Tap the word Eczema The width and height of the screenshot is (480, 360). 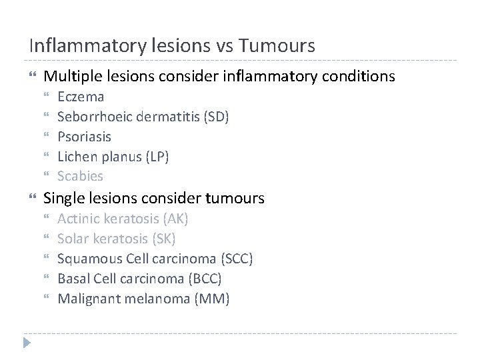point(81,97)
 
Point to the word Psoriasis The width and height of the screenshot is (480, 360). point(85,137)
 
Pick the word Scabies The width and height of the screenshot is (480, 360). point(81,176)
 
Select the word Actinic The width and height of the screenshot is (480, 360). point(79,219)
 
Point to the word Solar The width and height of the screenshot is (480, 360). point(73,239)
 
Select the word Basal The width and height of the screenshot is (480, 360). point(73,279)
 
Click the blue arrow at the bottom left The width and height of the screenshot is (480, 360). point(27,343)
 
